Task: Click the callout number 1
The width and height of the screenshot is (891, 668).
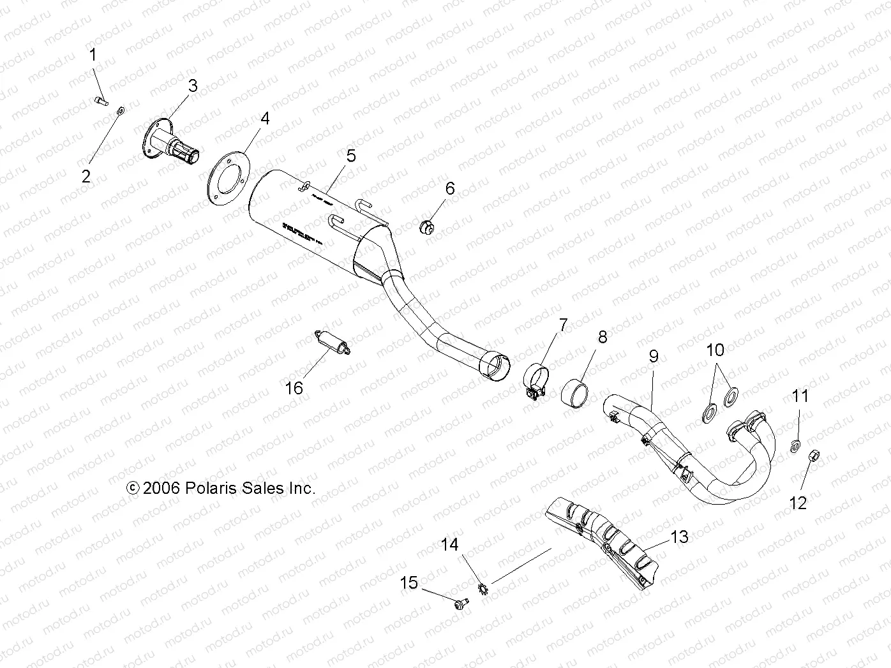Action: point(93,55)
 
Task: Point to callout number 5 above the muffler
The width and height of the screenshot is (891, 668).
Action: point(350,156)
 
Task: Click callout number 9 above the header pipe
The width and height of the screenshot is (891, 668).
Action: point(653,356)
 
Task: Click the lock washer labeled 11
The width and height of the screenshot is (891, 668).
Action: point(794,445)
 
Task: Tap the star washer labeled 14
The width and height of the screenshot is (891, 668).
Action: point(483,586)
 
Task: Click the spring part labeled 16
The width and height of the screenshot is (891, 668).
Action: point(332,342)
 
